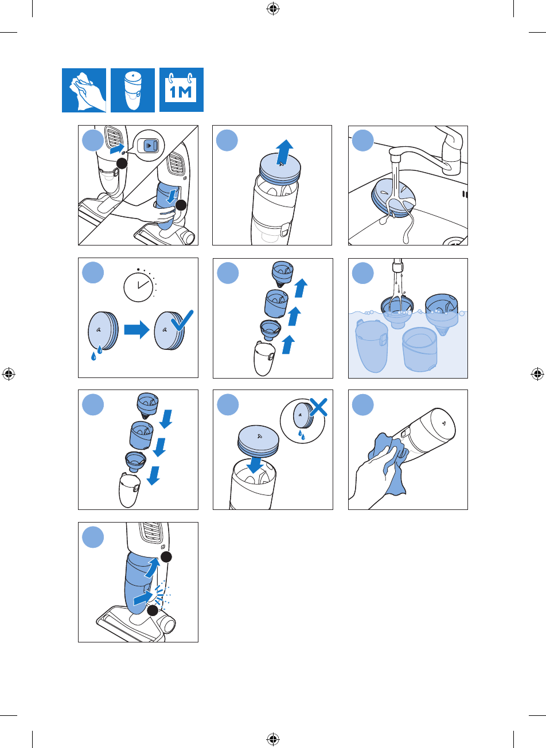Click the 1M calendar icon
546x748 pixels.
pos(181,90)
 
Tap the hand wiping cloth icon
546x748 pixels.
pos(84,90)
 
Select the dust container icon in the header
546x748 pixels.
pos(132,90)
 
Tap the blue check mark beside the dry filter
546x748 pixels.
pos(182,321)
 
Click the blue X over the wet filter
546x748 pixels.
pos(318,407)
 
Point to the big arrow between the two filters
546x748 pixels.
pos(136,330)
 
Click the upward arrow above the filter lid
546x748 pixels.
pos(284,152)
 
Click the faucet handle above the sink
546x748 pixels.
pos(452,150)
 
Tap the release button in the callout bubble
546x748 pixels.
pos(150,146)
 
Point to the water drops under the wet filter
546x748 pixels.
pos(97,353)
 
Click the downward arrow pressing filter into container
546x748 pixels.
pos(255,465)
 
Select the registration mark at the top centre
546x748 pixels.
pos(273,9)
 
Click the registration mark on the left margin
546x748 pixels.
pos(9,373)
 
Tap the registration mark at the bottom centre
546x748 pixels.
pos(273,738)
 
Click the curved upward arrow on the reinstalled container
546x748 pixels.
pos(153,567)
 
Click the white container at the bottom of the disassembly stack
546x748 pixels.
pos(264,359)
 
